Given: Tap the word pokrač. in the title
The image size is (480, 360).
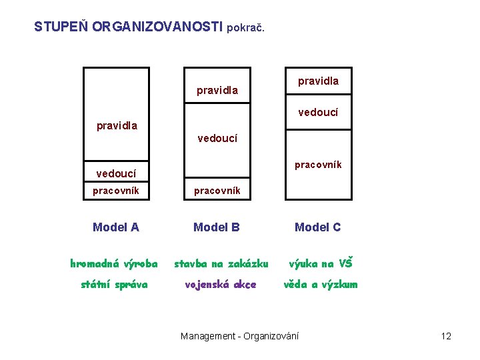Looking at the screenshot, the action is coord(246,29).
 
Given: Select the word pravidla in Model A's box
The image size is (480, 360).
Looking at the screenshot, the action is coord(117,125).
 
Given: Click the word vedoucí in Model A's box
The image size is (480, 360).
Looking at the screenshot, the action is coord(116,173).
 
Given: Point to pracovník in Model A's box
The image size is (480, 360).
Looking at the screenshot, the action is coord(116,191).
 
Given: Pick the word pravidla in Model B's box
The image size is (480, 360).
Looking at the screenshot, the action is coord(217,90).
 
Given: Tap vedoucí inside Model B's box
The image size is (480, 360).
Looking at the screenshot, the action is coord(217,139).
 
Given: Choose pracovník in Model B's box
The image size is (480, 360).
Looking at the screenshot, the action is coord(217,191).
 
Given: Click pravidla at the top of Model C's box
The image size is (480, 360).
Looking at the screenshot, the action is coord(318,81).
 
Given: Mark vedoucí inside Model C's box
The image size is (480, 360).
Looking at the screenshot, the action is coord(318,113).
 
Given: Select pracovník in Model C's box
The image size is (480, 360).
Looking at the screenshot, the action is coord(318,164).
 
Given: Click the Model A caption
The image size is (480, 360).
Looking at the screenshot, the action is coord(116,227).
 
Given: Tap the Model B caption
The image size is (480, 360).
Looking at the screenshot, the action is coord(217,227).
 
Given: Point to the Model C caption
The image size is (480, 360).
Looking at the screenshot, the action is coord(318,227).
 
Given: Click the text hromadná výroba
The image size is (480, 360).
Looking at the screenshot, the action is coord(114,263).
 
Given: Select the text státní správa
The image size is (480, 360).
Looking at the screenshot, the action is coord(114,285).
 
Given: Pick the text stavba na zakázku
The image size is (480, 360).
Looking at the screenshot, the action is coord(221,263).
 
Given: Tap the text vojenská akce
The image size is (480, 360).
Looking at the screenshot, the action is coord(220,285).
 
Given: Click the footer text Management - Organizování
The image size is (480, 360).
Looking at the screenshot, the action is coord(240,336).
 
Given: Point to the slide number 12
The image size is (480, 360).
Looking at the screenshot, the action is coord(446,336).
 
